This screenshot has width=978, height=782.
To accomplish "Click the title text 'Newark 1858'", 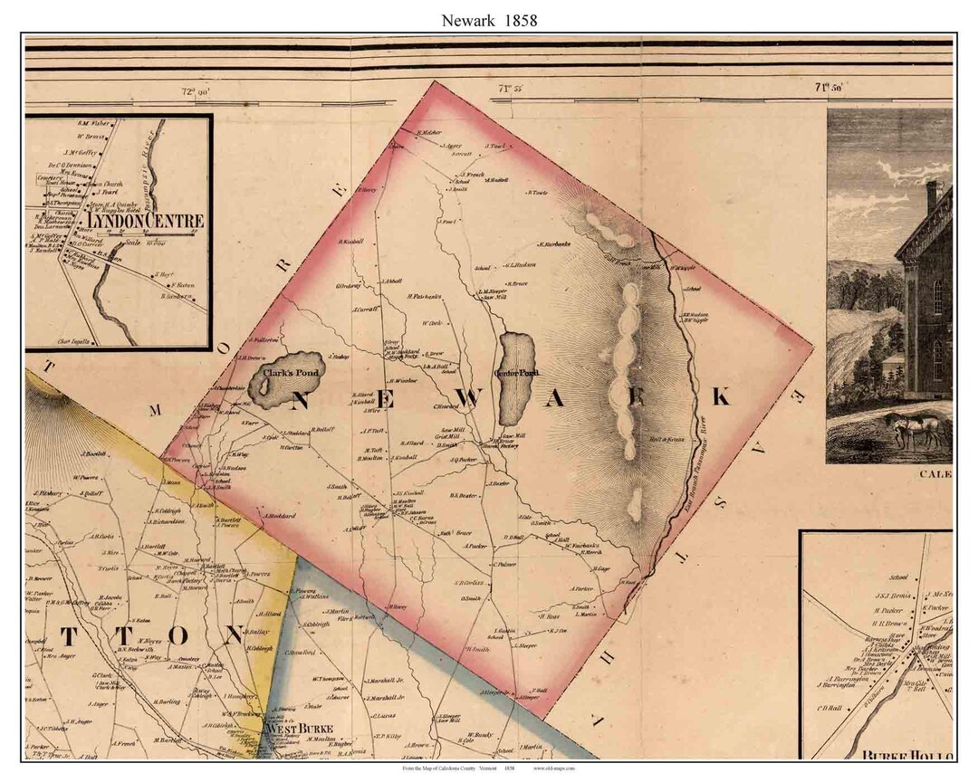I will tap(489, 20).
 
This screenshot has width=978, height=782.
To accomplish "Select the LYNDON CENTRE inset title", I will tap(158, 221).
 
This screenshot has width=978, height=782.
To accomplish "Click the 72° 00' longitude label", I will tap(195, 91).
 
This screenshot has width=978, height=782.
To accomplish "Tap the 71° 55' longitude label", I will tap(512, 89).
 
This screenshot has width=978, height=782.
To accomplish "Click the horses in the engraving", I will tap(919, 433).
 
